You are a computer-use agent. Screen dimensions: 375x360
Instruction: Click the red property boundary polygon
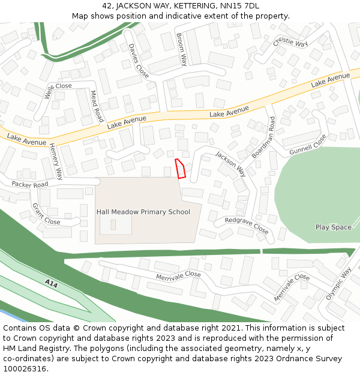pos(180,169)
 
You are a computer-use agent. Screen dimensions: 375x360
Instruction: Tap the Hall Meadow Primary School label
pos(143,212)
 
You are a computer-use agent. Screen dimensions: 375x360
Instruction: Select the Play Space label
pos(333,227)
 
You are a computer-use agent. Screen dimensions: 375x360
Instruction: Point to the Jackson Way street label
pos(231,163)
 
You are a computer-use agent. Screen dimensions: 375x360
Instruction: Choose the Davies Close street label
pos(139,61)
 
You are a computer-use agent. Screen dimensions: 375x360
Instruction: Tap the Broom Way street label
pos(182,49)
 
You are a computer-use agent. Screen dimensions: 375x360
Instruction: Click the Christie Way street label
pos(290,44)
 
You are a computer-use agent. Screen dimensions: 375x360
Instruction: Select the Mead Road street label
pos(97,106)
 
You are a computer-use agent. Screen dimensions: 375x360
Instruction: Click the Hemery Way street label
pos(56,161)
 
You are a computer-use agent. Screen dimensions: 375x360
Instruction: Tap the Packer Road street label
pos(29,185)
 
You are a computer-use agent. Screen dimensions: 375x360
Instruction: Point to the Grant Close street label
pos(46,214)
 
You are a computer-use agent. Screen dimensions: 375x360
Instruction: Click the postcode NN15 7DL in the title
pos(239,6)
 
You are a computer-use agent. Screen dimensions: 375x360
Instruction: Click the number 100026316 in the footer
pos(25,368)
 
